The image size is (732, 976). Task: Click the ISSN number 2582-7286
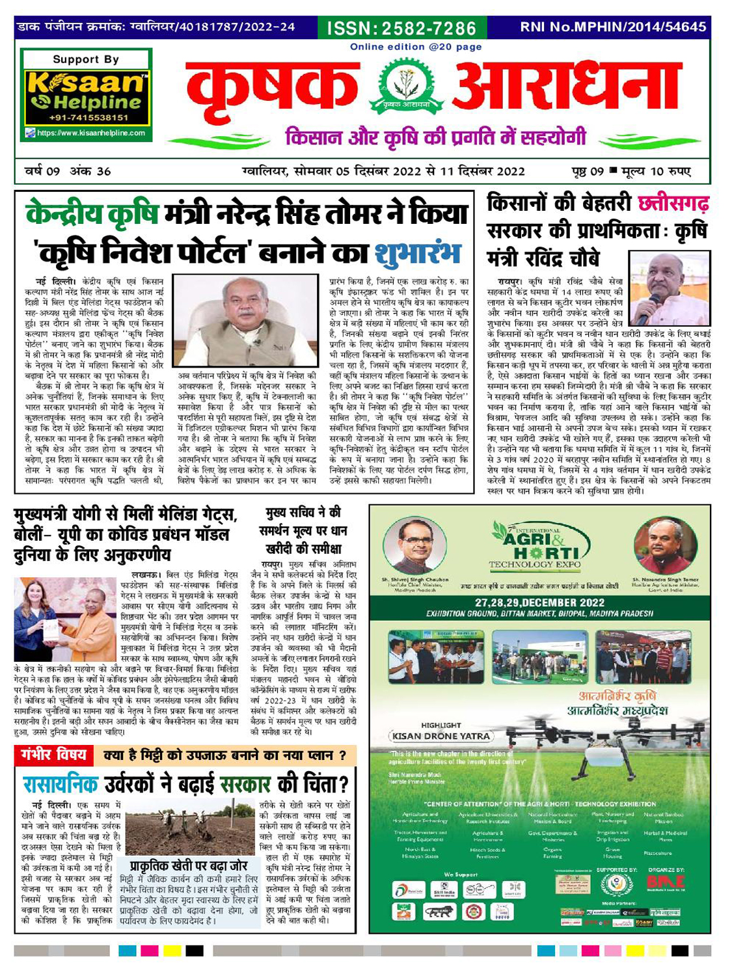(401, 28)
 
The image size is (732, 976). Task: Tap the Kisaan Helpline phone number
(88, 118)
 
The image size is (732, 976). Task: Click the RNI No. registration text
(613, 27)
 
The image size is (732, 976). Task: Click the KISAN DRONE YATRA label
(440, 736)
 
